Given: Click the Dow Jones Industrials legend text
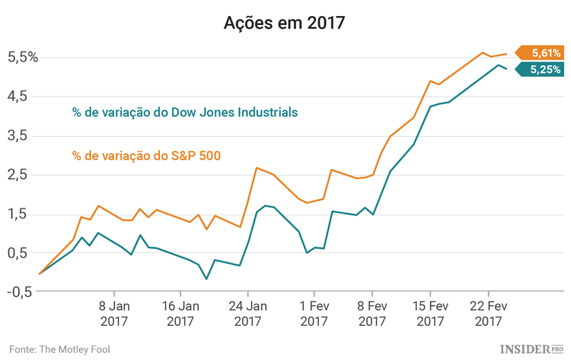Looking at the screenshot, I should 185,112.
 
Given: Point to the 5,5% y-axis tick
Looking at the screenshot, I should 22,57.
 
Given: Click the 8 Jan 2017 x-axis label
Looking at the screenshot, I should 113,314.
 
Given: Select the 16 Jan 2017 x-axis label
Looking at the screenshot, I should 180,314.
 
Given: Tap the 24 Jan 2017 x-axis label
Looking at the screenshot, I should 247,314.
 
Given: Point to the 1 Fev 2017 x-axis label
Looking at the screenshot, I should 314,314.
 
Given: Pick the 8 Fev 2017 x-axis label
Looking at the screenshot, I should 372,314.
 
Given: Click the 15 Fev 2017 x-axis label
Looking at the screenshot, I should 430,314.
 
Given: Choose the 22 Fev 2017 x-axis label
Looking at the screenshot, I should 488,314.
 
